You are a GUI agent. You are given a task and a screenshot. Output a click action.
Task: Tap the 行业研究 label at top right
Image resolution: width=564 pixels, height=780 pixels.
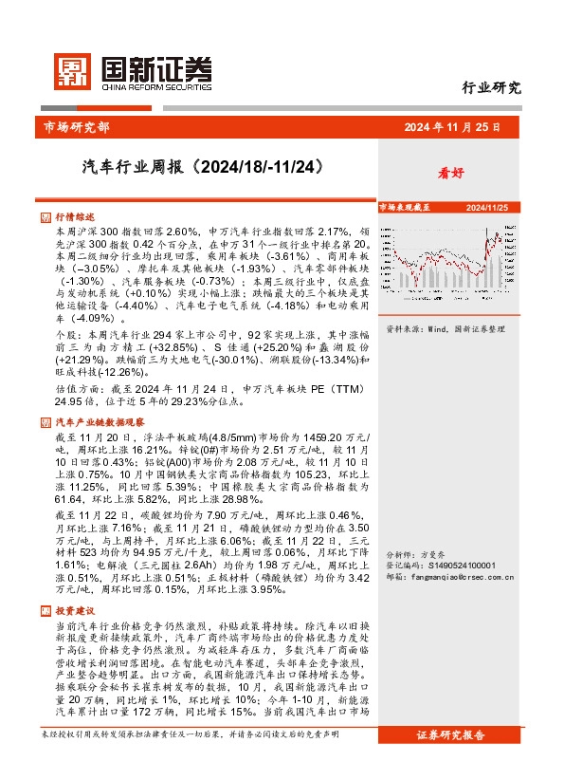coord(491,89)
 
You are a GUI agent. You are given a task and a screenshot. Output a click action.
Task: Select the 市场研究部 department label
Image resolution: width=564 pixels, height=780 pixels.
coord(77,126)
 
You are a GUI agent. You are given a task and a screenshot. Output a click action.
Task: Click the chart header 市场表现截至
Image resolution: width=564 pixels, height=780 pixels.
coord(405,206)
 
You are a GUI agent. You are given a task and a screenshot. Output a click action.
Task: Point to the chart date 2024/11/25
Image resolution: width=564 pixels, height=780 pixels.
coord(487,206)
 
